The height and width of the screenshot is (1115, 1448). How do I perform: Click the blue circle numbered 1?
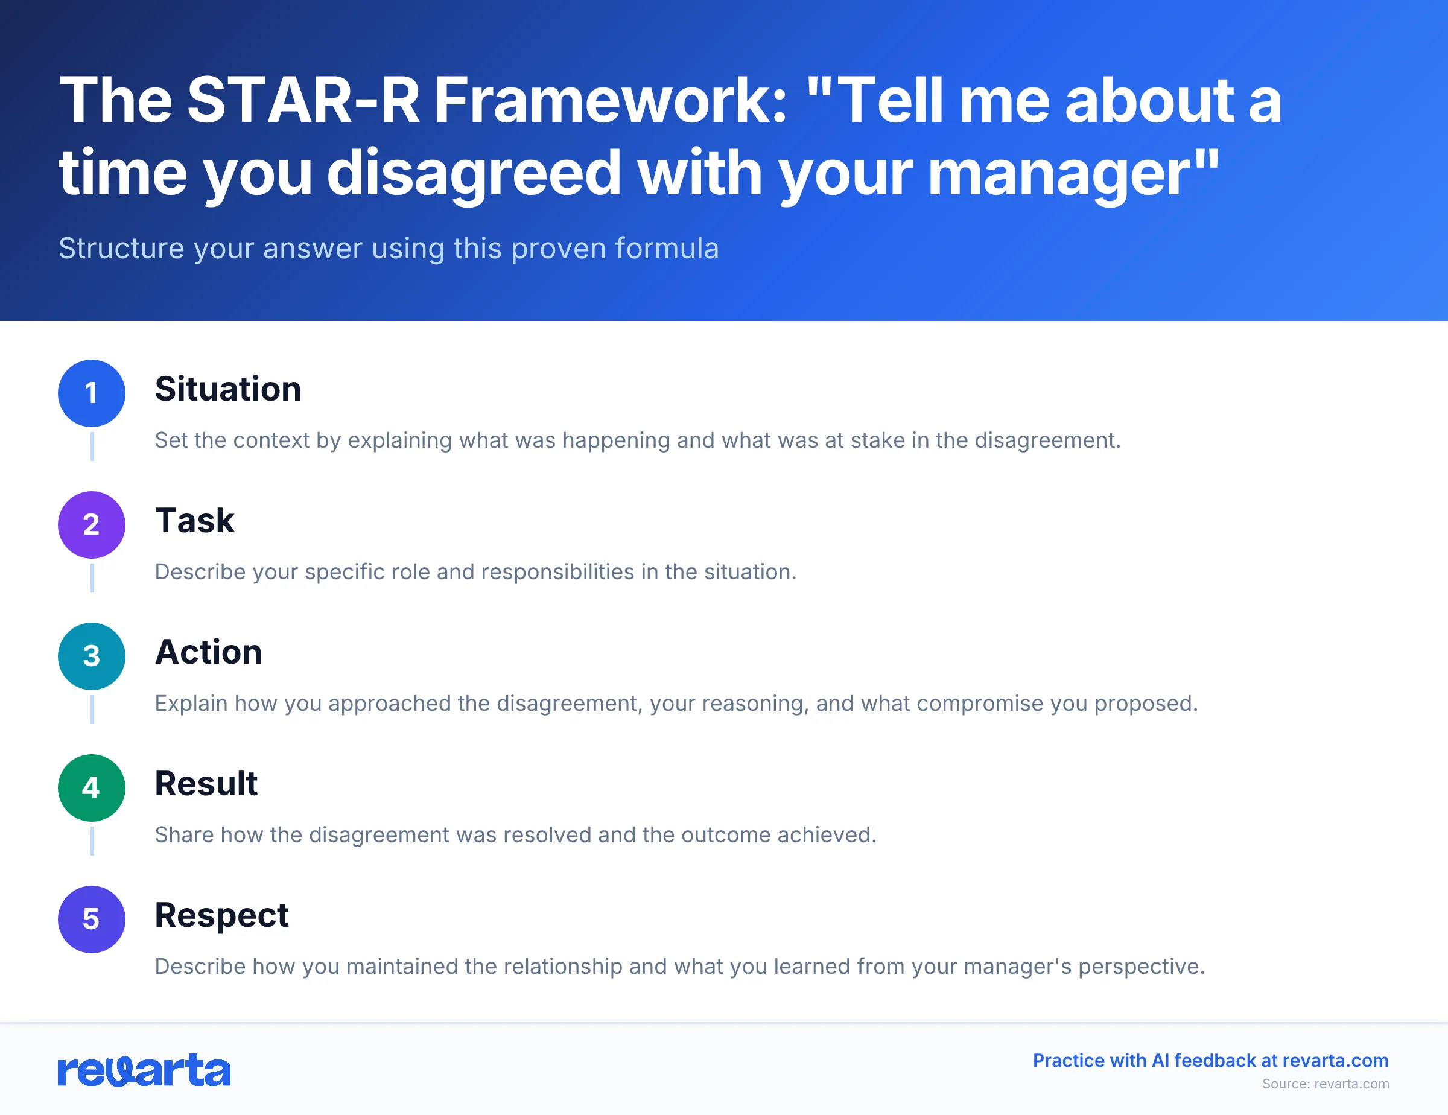pos(92,393)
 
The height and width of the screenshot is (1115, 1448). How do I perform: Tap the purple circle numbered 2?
pos(92,524)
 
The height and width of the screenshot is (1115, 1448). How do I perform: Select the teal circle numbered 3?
pos(92,656)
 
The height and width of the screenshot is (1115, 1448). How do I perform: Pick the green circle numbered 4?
pos(92,787)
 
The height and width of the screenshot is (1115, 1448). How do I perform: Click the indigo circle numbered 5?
pos(92,919)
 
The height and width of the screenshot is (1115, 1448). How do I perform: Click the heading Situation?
pos(227,389)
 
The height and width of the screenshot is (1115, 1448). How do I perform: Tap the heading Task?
pos(194,520)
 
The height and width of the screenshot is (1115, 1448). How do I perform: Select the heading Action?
pos(208,652)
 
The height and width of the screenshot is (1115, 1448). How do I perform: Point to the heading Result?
pos(206,784)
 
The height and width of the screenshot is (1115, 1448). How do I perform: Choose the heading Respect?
pos(221,915)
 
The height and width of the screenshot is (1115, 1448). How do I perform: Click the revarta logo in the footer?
pos(144,1070)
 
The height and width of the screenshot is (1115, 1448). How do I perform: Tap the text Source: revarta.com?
pos(1325,1084)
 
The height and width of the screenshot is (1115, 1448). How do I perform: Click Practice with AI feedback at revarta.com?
pos(1210,1061)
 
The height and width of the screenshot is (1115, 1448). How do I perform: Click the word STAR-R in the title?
pos(303,101)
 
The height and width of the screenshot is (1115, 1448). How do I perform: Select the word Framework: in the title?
pos(610,101)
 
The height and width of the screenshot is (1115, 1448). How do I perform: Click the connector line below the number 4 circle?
pos(92,840)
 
